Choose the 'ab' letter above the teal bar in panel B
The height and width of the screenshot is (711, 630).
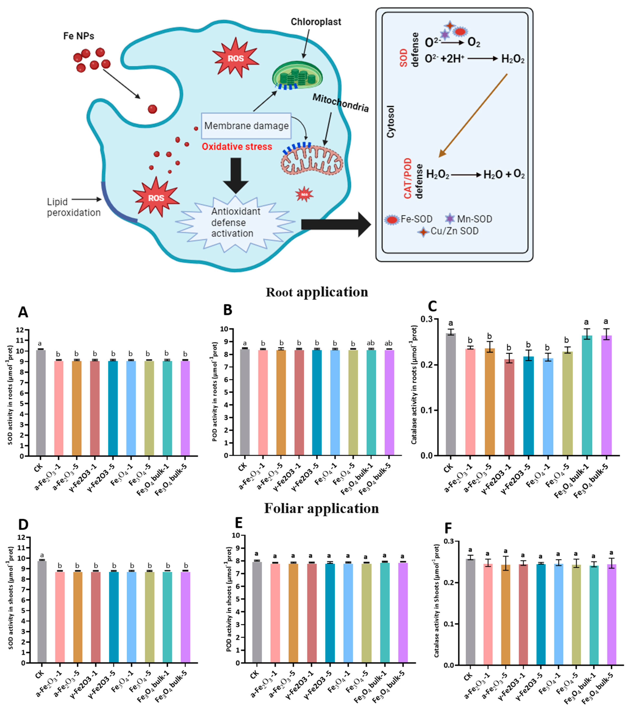(x=370, y=343)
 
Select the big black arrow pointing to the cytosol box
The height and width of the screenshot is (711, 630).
(x=335, y=224)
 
